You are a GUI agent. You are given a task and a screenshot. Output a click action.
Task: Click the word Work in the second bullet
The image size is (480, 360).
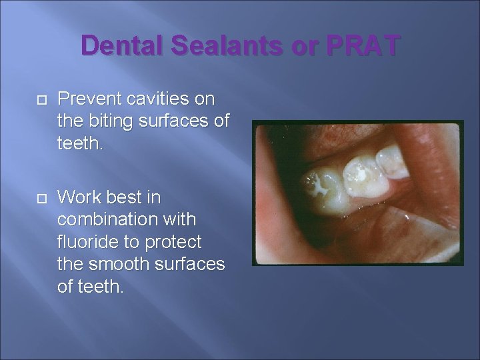(x=77, y=198)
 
